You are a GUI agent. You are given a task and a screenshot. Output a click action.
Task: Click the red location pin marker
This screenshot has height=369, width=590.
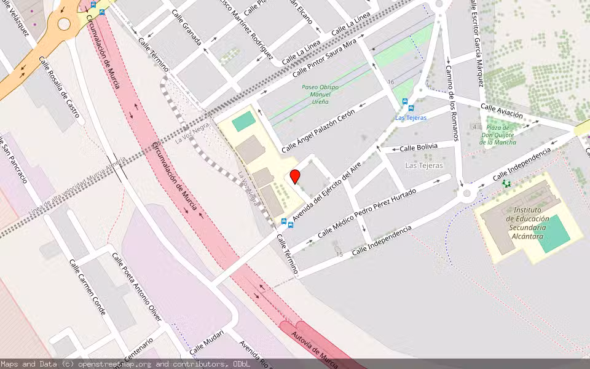coord(295,177)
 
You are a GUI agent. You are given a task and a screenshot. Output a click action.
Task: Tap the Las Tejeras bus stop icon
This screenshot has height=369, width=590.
coord(404,101)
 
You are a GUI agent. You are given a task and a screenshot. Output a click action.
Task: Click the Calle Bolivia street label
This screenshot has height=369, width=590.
coord(419,148)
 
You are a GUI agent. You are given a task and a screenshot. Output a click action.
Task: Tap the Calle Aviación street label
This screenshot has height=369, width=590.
coord(502,111)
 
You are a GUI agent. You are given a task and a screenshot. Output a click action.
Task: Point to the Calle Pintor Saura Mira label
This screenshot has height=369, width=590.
coord(324,58)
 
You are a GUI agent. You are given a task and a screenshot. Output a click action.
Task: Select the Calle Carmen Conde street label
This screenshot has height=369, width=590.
coord(87,287)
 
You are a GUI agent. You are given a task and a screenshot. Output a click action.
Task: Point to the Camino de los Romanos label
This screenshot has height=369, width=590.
coord(450,103)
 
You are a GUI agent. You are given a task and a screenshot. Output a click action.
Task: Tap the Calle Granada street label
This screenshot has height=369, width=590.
coord(186,28)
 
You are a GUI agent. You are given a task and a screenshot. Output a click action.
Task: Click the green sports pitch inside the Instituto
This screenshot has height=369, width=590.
coord(553,234)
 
